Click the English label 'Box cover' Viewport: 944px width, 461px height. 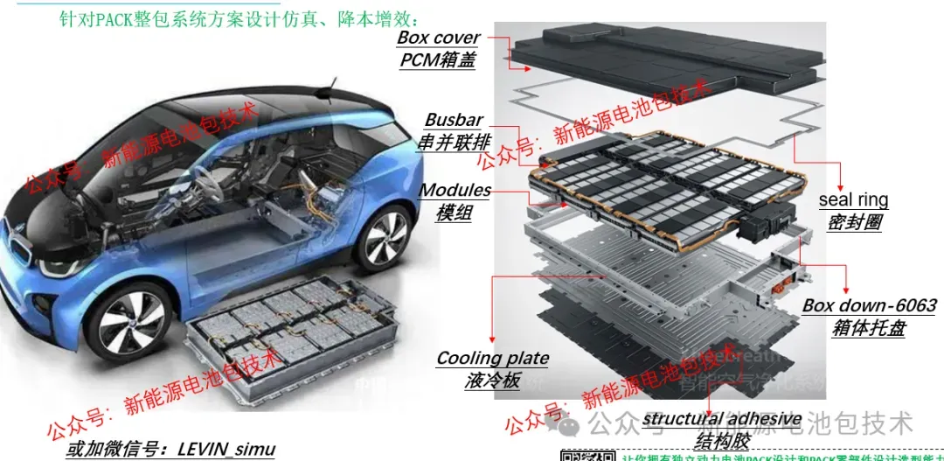tap(438, 38)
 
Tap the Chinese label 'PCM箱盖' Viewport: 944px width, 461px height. tap(437, 60)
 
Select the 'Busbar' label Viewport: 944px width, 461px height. tap(454, 120)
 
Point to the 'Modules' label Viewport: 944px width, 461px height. tap(455, 190)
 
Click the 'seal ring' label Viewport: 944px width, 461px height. tap(853, 200)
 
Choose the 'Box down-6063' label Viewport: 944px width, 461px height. tap(869, 306)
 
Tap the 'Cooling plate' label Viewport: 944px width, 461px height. tap(492, 358)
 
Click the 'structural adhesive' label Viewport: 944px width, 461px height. tap(722, 419)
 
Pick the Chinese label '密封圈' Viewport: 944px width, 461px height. tap(854, 222)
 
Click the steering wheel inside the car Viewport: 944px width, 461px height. tap(204, 188)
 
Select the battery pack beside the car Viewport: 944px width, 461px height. tap(288, 337)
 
